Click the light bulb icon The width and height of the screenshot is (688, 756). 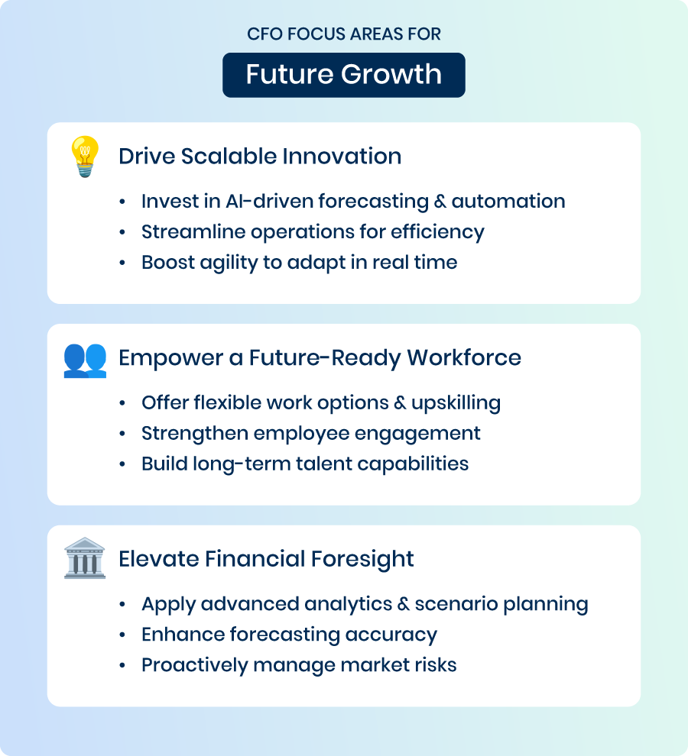tap(85, 157)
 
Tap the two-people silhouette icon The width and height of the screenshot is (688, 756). tap(85, 360)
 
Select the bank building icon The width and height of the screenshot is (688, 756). tap(85, 558)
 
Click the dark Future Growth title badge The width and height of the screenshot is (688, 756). tap(344, 75)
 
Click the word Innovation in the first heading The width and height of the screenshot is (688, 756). tap(342, 157)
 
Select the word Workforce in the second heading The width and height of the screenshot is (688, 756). tap(464, 357)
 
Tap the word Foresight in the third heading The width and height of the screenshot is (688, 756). tap(362, 560)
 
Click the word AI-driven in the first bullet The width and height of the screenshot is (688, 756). tap(269, 201)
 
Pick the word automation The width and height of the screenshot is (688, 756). tap(508, 201)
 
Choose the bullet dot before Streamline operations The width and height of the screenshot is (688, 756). tap(122, 232)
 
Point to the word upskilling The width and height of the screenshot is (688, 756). tap(456, 403)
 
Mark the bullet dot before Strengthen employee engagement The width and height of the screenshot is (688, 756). tap(122, 434)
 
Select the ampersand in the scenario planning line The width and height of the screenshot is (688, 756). tap(403, 604)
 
